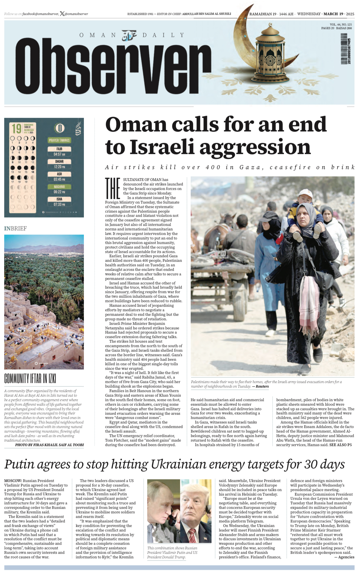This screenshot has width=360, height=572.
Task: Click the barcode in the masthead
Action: click(x=344, y=49)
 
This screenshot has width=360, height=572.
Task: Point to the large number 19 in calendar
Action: click(x=16, y=129)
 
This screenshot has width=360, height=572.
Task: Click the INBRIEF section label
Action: click(x=15, y=228)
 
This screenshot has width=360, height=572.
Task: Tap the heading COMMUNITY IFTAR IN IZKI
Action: click(x=30, y=378)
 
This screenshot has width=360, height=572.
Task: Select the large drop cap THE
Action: click(x=112, y=188)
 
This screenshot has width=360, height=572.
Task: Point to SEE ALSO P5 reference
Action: click(x=340, y=445)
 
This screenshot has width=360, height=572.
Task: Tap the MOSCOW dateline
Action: click(x=13, y=481)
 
